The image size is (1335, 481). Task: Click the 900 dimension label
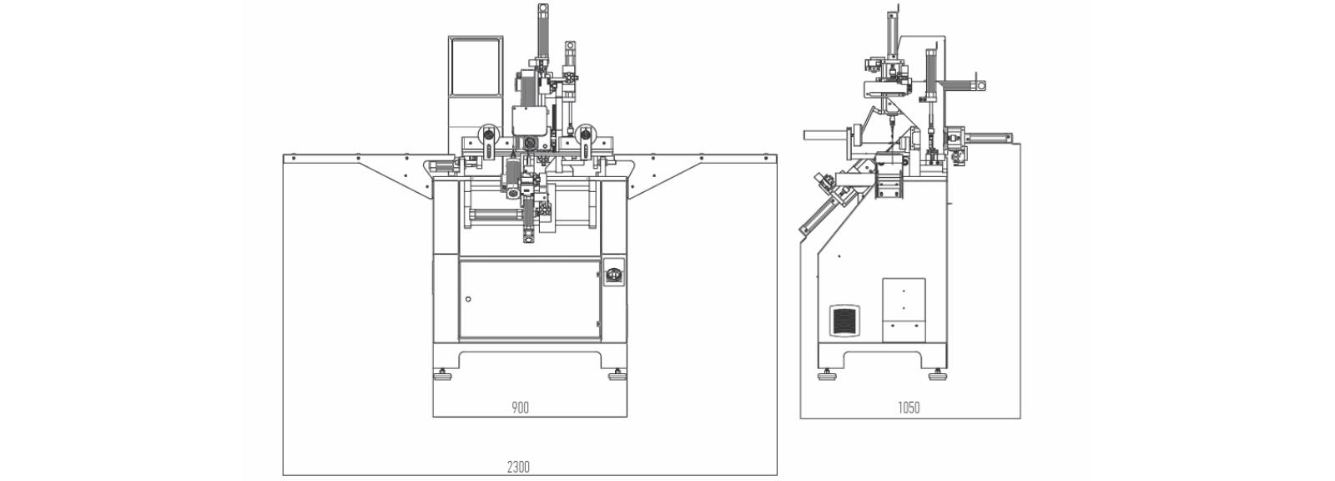pos(521,408)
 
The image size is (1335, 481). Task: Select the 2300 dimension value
pos(518,468)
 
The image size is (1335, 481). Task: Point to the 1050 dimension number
pos(909,408)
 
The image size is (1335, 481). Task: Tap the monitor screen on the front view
pos(475,66)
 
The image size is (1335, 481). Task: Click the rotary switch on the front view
pos(613,276)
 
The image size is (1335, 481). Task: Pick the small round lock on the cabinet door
pos(468,299)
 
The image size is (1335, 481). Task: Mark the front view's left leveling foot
pos(443,376)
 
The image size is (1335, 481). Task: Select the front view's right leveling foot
pos(617,376)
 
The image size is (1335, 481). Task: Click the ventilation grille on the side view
pos(844,322)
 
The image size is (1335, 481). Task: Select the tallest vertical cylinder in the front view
pos(543,30)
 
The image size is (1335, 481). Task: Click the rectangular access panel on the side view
pos(904,310)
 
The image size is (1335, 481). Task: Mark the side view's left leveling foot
pos(825,376)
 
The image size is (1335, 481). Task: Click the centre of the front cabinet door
pos(530,300)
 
